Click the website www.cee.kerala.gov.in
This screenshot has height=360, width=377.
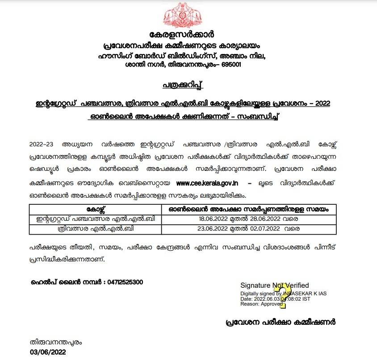(x=207, y=184)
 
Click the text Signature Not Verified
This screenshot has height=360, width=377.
(x=274, y=286)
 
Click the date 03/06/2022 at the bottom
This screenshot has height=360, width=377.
(x=48, y=352)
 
